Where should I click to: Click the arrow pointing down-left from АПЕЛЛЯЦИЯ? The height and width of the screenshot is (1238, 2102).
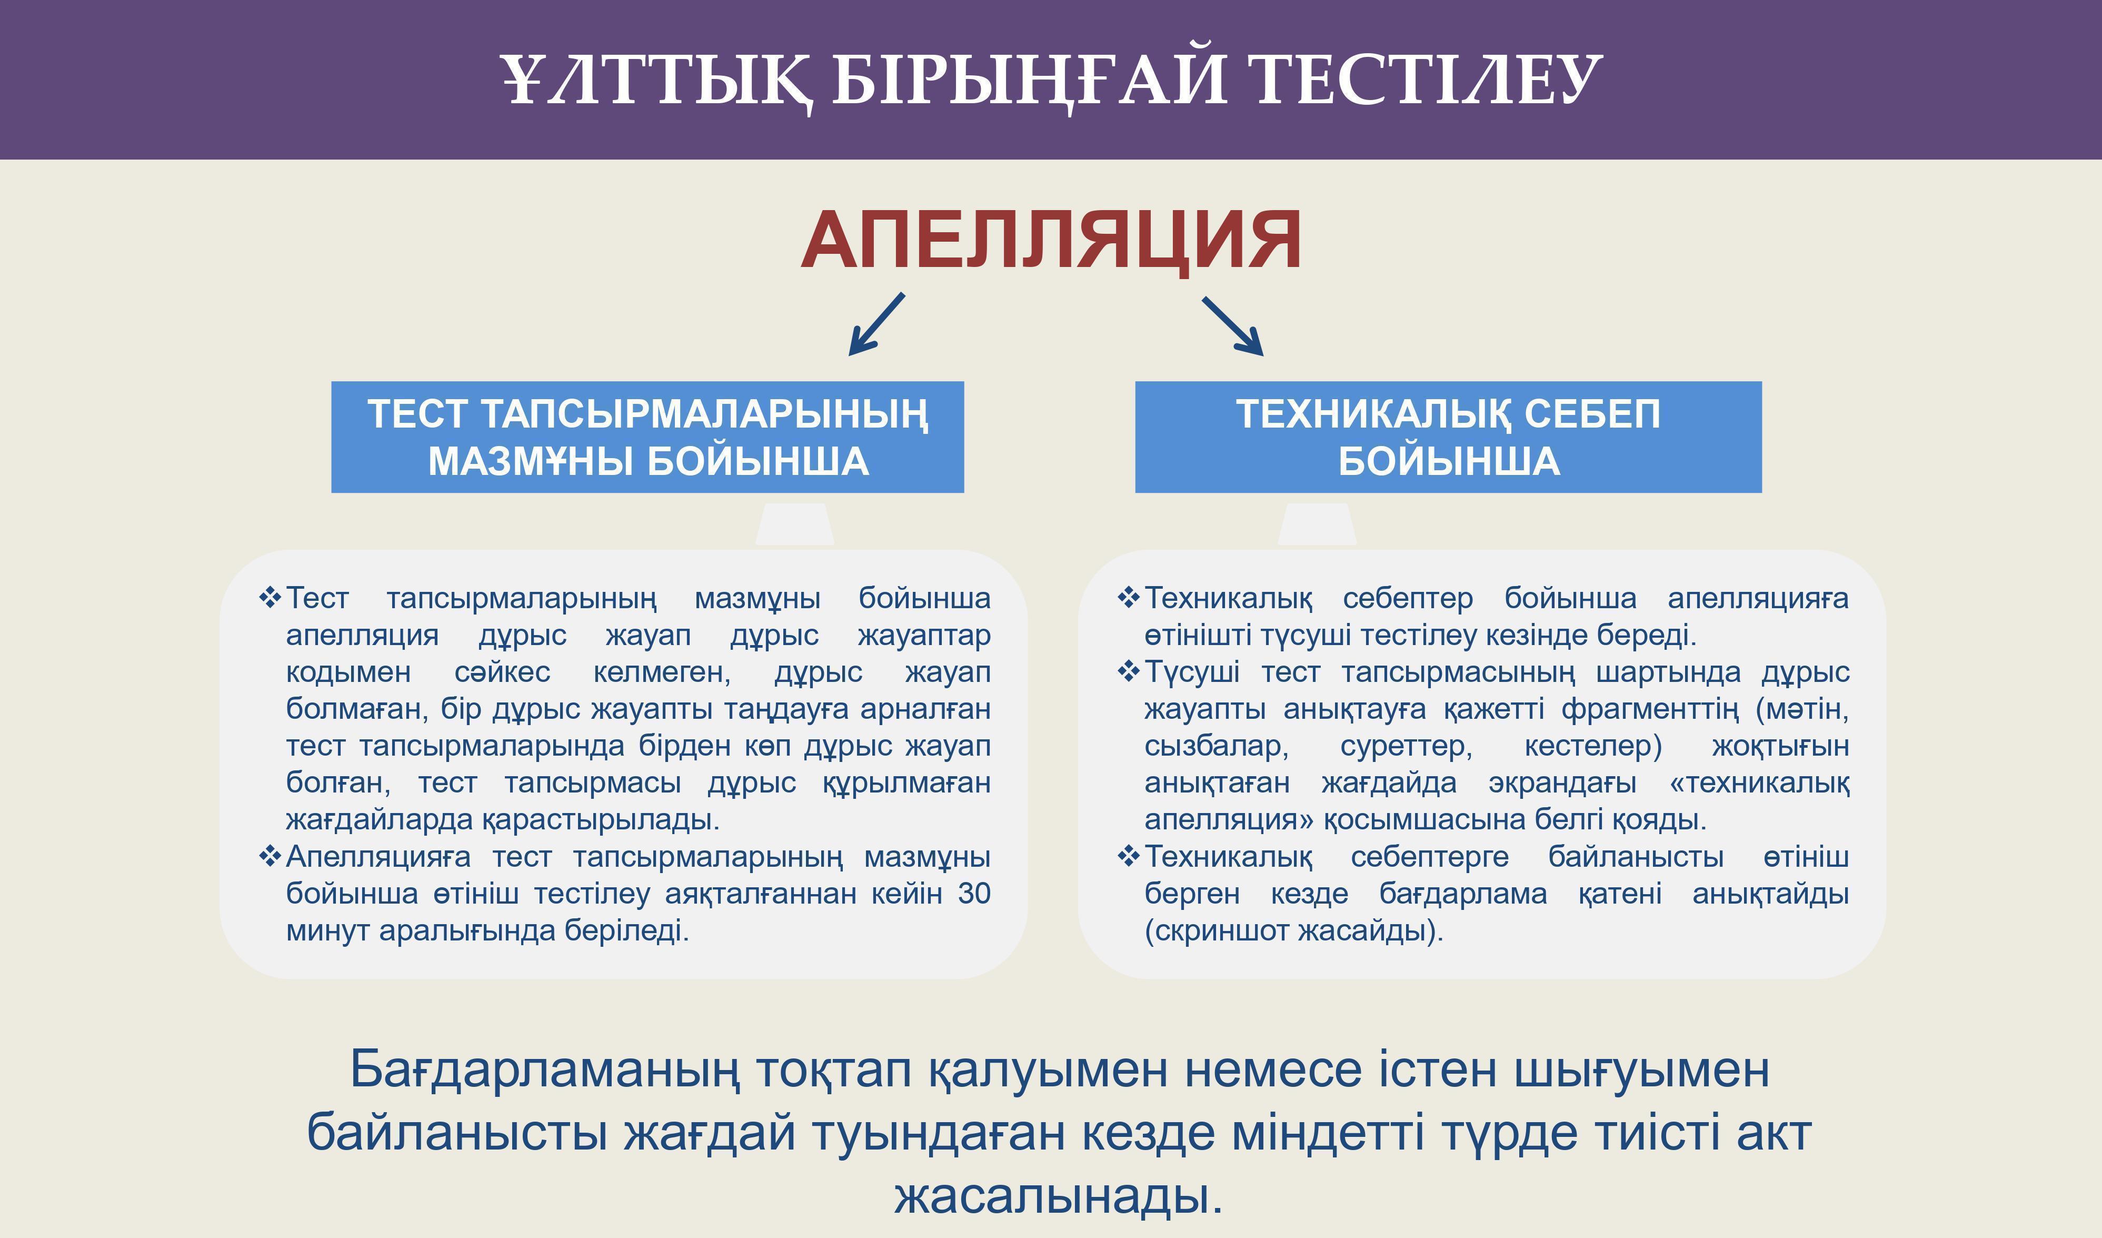coord(876,324)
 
